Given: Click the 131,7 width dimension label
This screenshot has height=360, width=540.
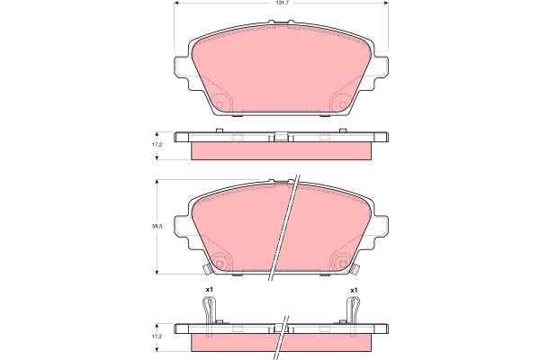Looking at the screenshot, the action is pos(281,2).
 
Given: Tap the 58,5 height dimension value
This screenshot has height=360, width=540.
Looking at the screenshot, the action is pos(157,226).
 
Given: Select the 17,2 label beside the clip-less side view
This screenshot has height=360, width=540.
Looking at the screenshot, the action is pos(157,145).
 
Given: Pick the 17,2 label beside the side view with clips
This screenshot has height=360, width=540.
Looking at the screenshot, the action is pos(157,337).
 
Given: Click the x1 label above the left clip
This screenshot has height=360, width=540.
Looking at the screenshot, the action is pos(209,290).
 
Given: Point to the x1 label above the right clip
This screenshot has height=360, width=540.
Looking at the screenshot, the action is pos(354,290).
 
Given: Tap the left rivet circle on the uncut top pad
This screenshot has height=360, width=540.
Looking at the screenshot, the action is pos(220,104).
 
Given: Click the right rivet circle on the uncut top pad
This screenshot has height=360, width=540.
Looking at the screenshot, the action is pos(343,104).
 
